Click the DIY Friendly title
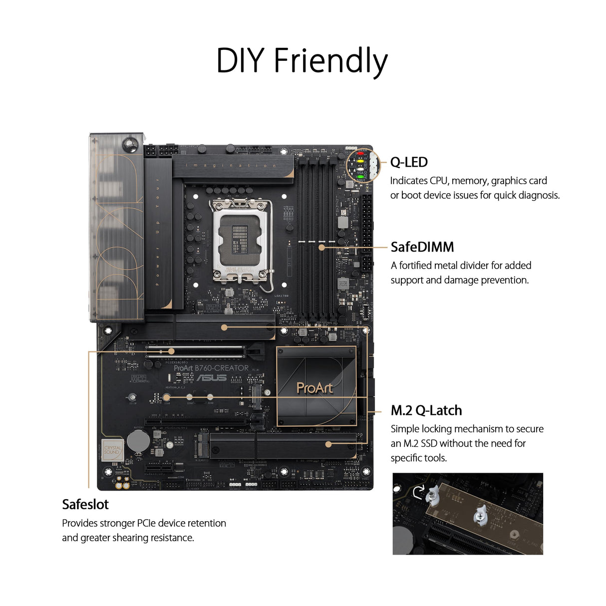302,61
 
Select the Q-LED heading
409,162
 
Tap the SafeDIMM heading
422,247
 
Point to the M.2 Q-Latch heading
426,410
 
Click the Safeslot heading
85,504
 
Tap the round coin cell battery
138,441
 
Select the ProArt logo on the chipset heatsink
314,388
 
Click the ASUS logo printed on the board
211,378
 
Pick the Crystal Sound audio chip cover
112,450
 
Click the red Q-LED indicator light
360,154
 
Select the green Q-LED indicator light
360,176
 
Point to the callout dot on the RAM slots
321,247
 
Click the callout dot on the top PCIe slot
171,351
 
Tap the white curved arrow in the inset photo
418,491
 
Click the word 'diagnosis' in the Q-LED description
538,195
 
